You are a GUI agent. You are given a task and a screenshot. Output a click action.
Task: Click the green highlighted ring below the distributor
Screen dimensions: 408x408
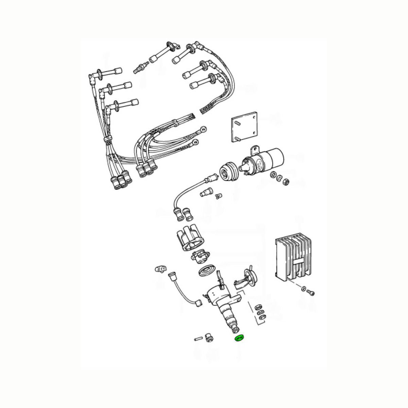pyautogui.click(x=240, y=338)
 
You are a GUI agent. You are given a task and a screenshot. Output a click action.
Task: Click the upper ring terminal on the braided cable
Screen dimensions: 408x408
pyautogui.click(x=203, y=129)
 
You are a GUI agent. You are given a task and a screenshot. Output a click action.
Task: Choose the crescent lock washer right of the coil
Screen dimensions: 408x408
pyautogui.click(x=279, y=178)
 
